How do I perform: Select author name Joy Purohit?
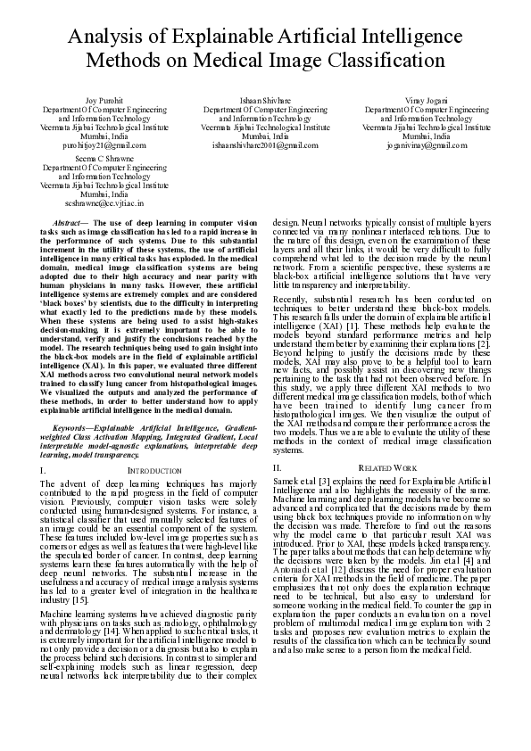point(99,101)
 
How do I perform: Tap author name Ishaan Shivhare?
point(265,101)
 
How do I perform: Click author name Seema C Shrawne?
point(99,159)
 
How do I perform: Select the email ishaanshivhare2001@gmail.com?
point(265,144)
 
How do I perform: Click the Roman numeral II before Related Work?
point(278,467)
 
